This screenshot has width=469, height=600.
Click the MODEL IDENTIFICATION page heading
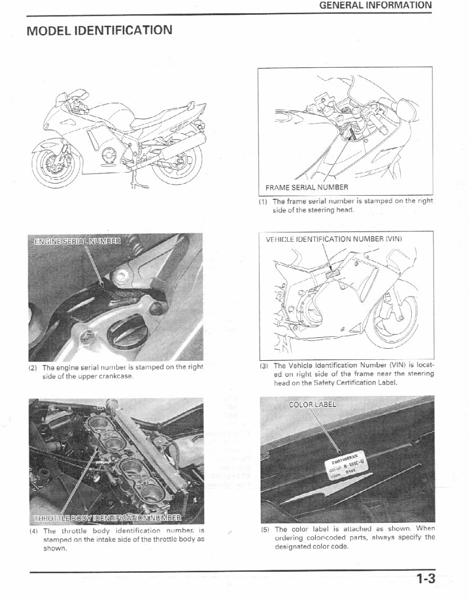[99, 30]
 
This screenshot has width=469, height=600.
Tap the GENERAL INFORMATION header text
[375, 6]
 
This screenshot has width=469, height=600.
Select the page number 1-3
[426, 579]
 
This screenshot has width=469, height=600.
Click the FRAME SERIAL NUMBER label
[306, 187]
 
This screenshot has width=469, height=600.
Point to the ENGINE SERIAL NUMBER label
[77, 241]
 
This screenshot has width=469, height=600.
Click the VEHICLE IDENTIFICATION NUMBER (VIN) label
[334, 239]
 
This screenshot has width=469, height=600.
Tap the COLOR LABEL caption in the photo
[313, 404]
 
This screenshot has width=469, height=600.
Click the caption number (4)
[33, 531]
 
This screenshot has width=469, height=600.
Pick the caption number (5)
[265, 529]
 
